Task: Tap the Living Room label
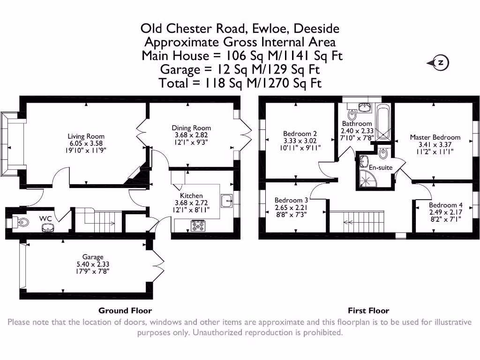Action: [86, 136]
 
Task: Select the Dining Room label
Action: [191, 127]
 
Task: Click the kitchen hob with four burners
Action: [198, 226]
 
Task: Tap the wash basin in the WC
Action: [47, 228]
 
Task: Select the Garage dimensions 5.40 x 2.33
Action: [93, 264]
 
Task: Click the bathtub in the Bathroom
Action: [383, 122]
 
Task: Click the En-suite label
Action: [381, 167]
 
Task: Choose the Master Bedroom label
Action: [435, 137]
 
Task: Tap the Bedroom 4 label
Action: [445, 205]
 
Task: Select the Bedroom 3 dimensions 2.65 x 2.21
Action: [291, 208]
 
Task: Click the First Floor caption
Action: [368, 310]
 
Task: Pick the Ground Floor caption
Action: [125, 310]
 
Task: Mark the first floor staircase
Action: [364, 220]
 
